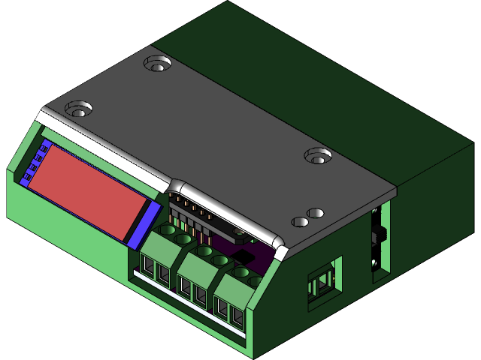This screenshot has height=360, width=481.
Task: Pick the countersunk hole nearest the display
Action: tap(79, 110)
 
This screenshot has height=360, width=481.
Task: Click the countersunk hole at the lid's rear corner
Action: tap(157, 64)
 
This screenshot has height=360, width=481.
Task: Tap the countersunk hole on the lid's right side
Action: tap(318, 156)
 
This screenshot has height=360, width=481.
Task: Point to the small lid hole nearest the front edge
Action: tap(299, 223)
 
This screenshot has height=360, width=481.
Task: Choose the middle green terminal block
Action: tap(197, 277)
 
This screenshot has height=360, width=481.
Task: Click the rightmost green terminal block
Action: tap(234, 296)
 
